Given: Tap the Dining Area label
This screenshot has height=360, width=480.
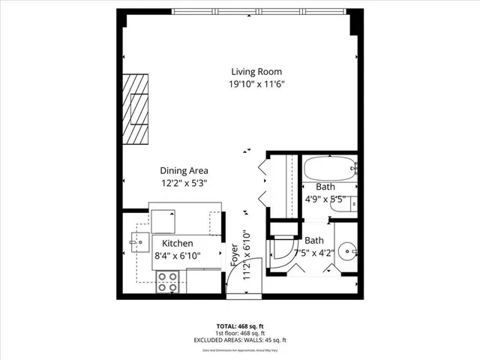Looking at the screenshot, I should (184, 170).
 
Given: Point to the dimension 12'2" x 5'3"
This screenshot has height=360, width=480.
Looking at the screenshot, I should (184, 183).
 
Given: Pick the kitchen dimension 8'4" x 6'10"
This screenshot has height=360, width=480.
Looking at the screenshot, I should (177, 256).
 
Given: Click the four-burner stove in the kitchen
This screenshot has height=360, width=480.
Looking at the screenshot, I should (168, 282).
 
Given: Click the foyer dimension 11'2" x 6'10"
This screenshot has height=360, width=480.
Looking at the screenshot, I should (245, 256).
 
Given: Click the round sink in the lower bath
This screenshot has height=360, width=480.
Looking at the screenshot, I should (346, 251).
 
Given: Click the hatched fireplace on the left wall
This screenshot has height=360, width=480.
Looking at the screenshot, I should (137, 109).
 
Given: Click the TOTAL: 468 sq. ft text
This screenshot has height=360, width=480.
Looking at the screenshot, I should (239, 325).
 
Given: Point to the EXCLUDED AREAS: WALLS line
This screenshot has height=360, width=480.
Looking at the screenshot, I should (239, 340).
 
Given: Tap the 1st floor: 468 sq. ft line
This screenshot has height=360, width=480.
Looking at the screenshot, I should (239, 333).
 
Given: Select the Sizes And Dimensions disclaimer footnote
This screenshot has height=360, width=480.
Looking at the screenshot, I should (239, 349).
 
